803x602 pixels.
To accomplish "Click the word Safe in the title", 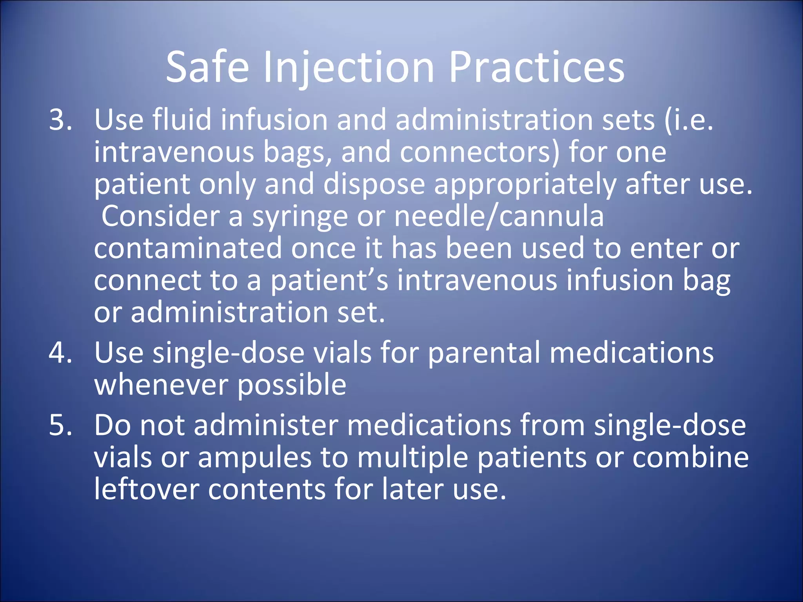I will pos(207,67).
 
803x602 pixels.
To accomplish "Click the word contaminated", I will pos(188,248).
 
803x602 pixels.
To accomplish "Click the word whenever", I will pos(161,385).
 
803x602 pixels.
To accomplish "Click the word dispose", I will pos(374,184).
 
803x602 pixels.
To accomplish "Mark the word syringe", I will pos(300,216).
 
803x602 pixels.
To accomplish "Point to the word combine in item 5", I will pos(690,457).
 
